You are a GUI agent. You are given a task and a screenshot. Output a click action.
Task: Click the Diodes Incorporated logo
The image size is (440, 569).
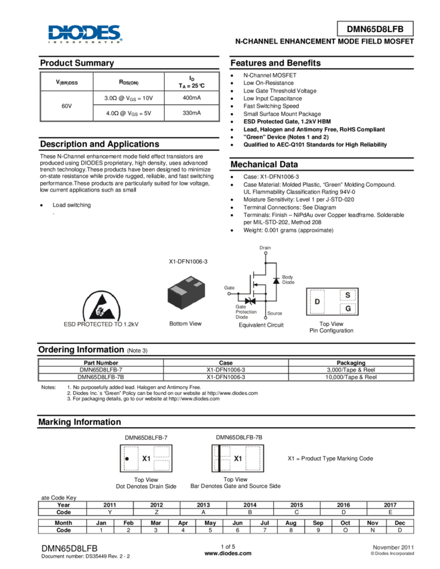[85, 34]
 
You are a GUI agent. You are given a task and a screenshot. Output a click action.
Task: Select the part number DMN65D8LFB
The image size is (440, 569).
[375, 29]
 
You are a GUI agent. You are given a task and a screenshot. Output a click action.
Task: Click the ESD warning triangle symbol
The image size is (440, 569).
[102, 305]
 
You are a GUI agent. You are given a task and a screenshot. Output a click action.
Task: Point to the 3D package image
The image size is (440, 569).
[187, 292]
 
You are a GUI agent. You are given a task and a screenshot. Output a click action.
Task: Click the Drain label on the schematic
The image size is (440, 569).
[265, 248]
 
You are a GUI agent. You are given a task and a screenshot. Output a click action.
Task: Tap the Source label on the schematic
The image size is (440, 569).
[275, 313]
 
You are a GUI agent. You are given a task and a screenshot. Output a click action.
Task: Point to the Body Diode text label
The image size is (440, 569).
[288, 279]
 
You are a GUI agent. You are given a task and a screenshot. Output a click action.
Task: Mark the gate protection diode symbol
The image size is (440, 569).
[250, 299]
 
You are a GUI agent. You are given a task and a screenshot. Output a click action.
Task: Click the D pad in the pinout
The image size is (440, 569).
[317, 302]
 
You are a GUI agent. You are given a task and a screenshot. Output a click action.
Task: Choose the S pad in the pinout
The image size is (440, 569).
[347, 295]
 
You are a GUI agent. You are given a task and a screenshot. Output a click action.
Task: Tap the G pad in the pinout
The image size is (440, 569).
[347, 309]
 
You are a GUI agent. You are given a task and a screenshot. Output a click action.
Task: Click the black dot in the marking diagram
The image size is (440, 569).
[127, 459]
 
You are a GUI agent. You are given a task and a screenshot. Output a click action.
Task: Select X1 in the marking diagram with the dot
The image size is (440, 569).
[146, 459]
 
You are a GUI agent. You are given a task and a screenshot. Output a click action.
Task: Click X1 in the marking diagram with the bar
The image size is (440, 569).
[238, 459]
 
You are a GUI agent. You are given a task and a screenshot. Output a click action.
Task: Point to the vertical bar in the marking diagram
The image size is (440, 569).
[219, 459]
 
